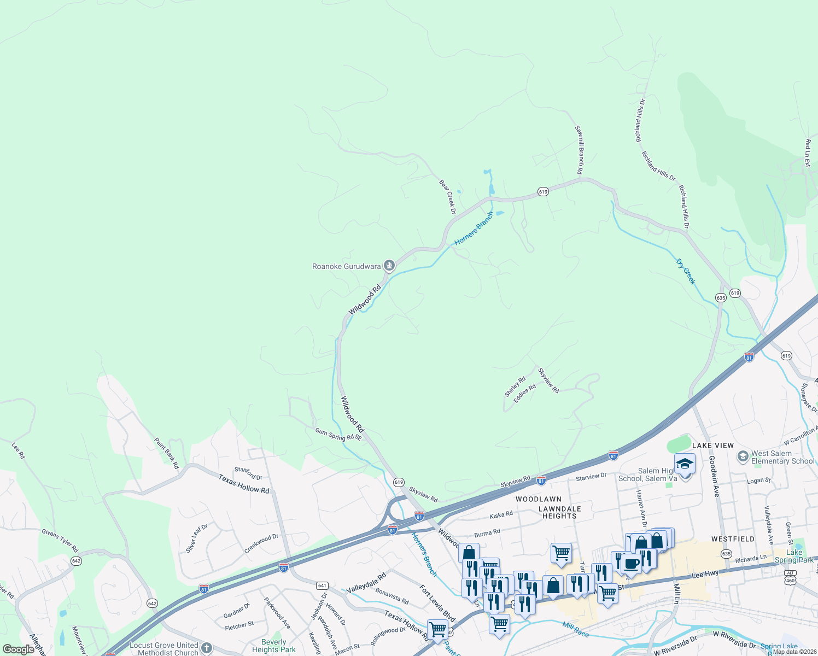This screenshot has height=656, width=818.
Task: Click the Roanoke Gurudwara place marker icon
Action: tap(389, 266)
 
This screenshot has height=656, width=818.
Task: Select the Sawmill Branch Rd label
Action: tap(579, 150)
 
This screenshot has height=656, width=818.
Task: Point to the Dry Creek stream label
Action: tap(686, 272)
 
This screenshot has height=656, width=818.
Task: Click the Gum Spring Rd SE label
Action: tap(338, 435)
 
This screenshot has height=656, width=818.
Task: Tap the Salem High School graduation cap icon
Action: tap(685, 464)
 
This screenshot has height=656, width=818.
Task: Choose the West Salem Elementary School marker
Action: tap(743, 456)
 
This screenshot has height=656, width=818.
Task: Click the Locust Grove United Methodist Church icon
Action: tap(206, 648)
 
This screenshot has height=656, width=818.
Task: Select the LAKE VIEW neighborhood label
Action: tap(713, 446)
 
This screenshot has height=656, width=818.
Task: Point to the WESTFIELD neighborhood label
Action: tap(733, 539)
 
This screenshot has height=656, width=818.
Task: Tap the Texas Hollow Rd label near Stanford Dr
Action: tap(244, 483)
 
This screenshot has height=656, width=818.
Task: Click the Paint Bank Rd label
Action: tap(166, 453)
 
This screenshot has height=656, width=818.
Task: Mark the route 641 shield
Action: tap(322, 585)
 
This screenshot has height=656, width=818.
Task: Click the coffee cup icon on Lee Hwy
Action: tap(631, 564)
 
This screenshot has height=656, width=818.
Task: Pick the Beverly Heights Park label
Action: tap(273, 646)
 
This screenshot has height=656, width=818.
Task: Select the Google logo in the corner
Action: tap(18, 649)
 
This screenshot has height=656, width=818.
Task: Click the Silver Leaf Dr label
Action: tap(197, 538)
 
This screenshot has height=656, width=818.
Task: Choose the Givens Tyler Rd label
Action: tap(60, 540)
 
